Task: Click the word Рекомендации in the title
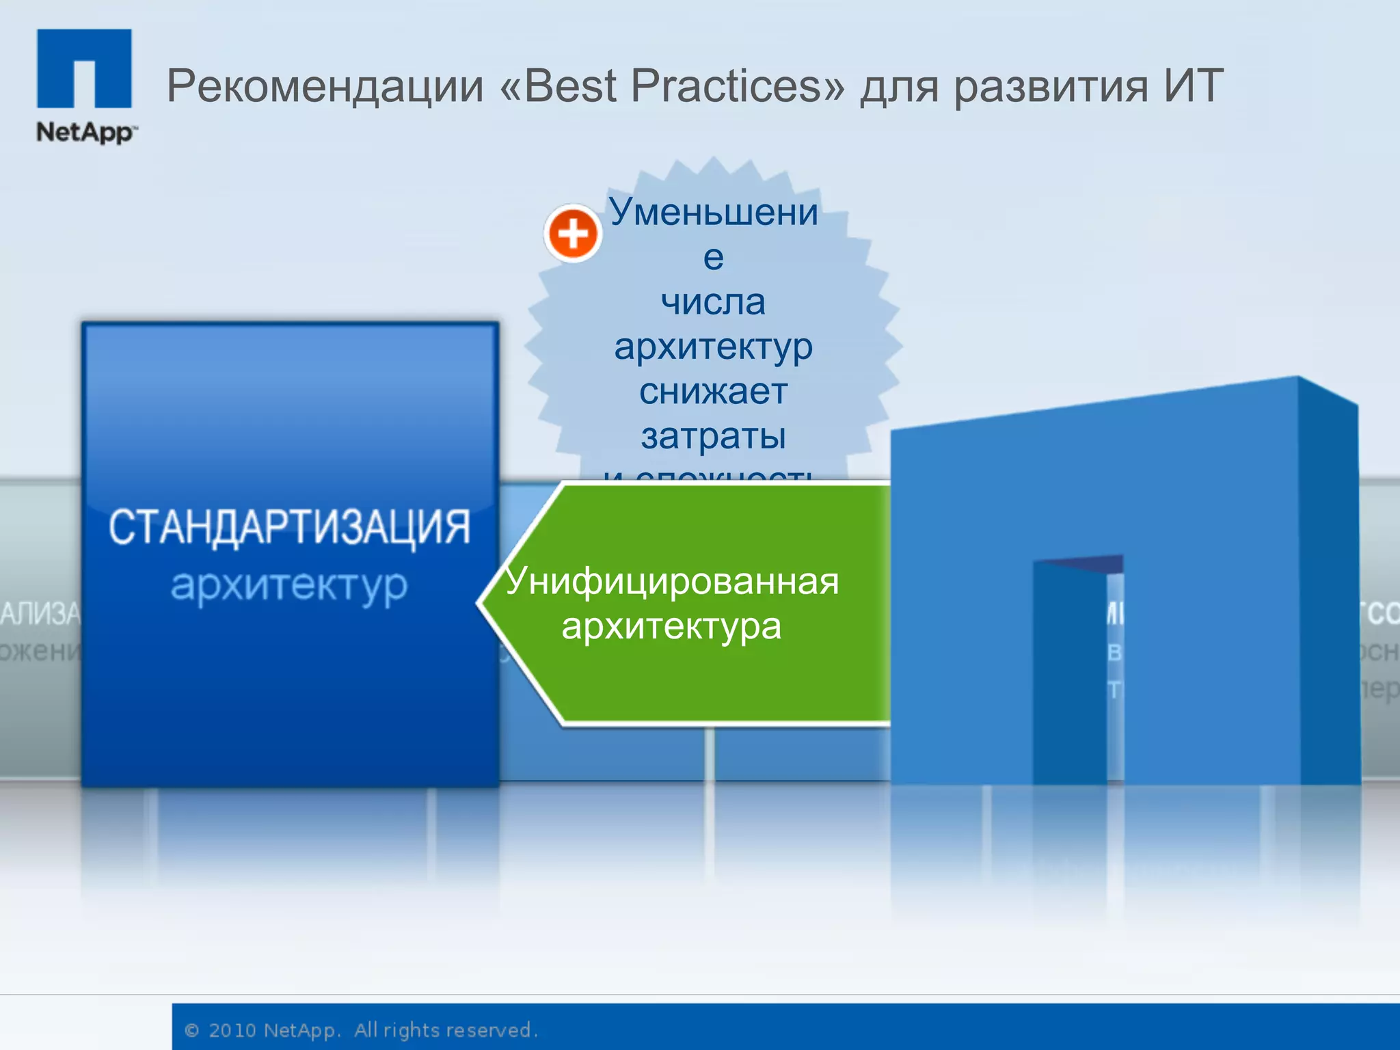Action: [x=325, y=86]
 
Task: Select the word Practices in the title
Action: [x=737, y=86]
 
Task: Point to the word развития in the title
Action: [x=1051, y=86]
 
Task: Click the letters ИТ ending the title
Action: [x=1194, y=86]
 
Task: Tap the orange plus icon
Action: [x=573, y=234]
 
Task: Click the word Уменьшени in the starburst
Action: [x=714, y=211]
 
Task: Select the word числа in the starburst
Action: [x=713, y=301]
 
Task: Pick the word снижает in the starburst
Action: [x=713, y=392]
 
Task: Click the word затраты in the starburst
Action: [x=713, y=436]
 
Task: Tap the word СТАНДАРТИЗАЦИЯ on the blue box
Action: [x=290, y=527]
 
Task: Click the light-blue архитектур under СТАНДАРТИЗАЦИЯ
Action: [x=289, y=586]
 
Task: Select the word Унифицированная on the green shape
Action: [x=672, y=581]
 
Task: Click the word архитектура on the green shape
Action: [x=671, y=626]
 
